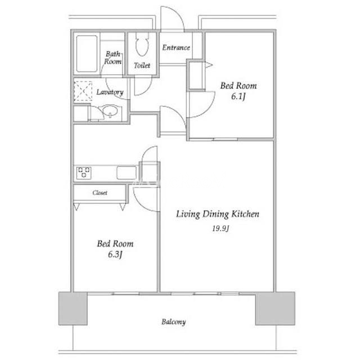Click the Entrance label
click(176, 47)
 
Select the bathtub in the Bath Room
click(87, 53)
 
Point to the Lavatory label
click(110, 92)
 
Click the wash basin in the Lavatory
click(110, 111)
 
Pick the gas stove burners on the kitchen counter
click(84, 173)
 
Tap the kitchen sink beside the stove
click(126, 173)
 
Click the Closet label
click(100, 192)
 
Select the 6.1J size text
click(238, 96)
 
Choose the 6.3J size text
click(115, 254)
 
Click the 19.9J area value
click(220, 228)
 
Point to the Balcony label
click(173, 322)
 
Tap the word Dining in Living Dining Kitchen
click(216, 214)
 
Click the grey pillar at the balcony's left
click(73, 308)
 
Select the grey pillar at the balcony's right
click(275, 308)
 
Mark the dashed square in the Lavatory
click(83, 91)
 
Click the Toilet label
click(142, 65)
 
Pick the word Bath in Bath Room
click(112, 54)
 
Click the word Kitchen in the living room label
click(245, 214)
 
